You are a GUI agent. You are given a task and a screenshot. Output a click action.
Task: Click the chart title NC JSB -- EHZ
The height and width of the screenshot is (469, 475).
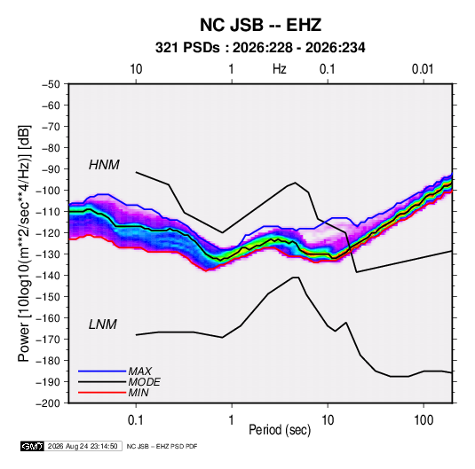(x=260, y=25)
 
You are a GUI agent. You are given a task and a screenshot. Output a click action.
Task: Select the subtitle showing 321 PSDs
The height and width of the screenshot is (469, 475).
(x=260, y=48)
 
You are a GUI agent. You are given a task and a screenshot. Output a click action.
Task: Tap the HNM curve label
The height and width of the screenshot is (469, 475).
(x=104, y=165)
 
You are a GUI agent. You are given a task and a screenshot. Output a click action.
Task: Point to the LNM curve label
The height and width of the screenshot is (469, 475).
(x=103, y=324)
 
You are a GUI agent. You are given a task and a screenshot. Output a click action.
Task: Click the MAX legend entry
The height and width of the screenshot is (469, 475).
(x=139, y=371)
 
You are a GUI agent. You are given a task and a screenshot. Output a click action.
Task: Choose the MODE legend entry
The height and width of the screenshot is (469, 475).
(x=144, y=382)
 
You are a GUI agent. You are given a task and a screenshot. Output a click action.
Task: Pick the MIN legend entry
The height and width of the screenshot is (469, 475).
(x=139, y=393)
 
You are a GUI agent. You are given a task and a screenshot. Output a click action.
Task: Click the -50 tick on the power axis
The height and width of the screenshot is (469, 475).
(x=51, y=84)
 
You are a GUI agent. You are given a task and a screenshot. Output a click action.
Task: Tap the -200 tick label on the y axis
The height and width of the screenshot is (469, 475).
(x=49, y=403)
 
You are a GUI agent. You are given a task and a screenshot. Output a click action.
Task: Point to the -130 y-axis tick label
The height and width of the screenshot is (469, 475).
(x=49, y=254)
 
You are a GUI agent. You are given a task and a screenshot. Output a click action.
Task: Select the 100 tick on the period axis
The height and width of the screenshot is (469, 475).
(x=424, y=420)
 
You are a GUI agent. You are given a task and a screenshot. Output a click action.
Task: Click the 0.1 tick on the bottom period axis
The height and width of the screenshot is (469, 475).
(x=136, y=420)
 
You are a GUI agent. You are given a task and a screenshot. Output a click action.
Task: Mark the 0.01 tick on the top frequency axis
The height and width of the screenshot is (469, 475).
(x=423, y=69)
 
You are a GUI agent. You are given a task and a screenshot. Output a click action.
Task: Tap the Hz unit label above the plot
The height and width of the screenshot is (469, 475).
(x=280, y=69)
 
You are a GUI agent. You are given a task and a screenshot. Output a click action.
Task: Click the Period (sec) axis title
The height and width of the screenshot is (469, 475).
(x=280, y=430)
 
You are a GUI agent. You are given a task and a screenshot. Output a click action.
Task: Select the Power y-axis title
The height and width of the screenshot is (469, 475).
(x=24, y=244)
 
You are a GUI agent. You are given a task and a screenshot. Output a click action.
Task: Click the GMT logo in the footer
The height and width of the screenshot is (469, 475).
(x=32, y=446)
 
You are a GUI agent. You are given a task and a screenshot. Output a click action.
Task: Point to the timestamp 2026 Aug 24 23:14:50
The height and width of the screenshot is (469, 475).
(x=83, y=446)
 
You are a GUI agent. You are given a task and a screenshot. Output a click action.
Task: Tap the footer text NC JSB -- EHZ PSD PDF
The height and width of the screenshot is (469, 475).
(x=162, y=446)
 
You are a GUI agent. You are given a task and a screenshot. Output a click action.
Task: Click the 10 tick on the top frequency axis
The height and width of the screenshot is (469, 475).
(x=136, y=69)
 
